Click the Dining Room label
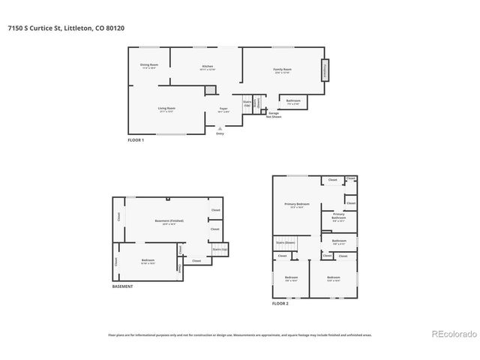[x=149, y=66]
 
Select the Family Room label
[x=282, y=70]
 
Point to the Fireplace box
[x=325, y=70]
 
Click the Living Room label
[x=166, y=109]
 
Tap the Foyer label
[x=223, y=109]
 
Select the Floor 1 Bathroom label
[x=293, y=101]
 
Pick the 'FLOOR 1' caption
[x=136, y=140]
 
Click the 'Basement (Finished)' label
[x=169, y=221]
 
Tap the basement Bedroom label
[x=148, y=261]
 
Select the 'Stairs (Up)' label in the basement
[x=220, y=248]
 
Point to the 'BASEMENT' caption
[x=124, y=286]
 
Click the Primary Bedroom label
[x=297, y=205]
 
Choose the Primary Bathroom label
[x=338, y=217]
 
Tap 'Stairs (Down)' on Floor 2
[x=285, y=243]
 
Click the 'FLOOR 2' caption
[x=280, y=304]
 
